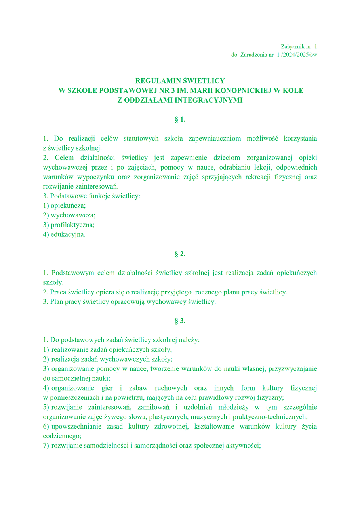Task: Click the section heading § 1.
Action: [180, 120]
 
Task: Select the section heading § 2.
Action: [180, 254]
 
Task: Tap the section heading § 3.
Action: [180, 321]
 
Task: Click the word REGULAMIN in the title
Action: [154, 81]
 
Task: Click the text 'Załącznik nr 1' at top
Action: [299, 47]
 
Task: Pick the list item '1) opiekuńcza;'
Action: [64, 206]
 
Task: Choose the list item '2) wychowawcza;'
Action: [69, 215]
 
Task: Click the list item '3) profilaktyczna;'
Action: [69, 225]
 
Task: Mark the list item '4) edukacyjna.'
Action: [64, 234]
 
